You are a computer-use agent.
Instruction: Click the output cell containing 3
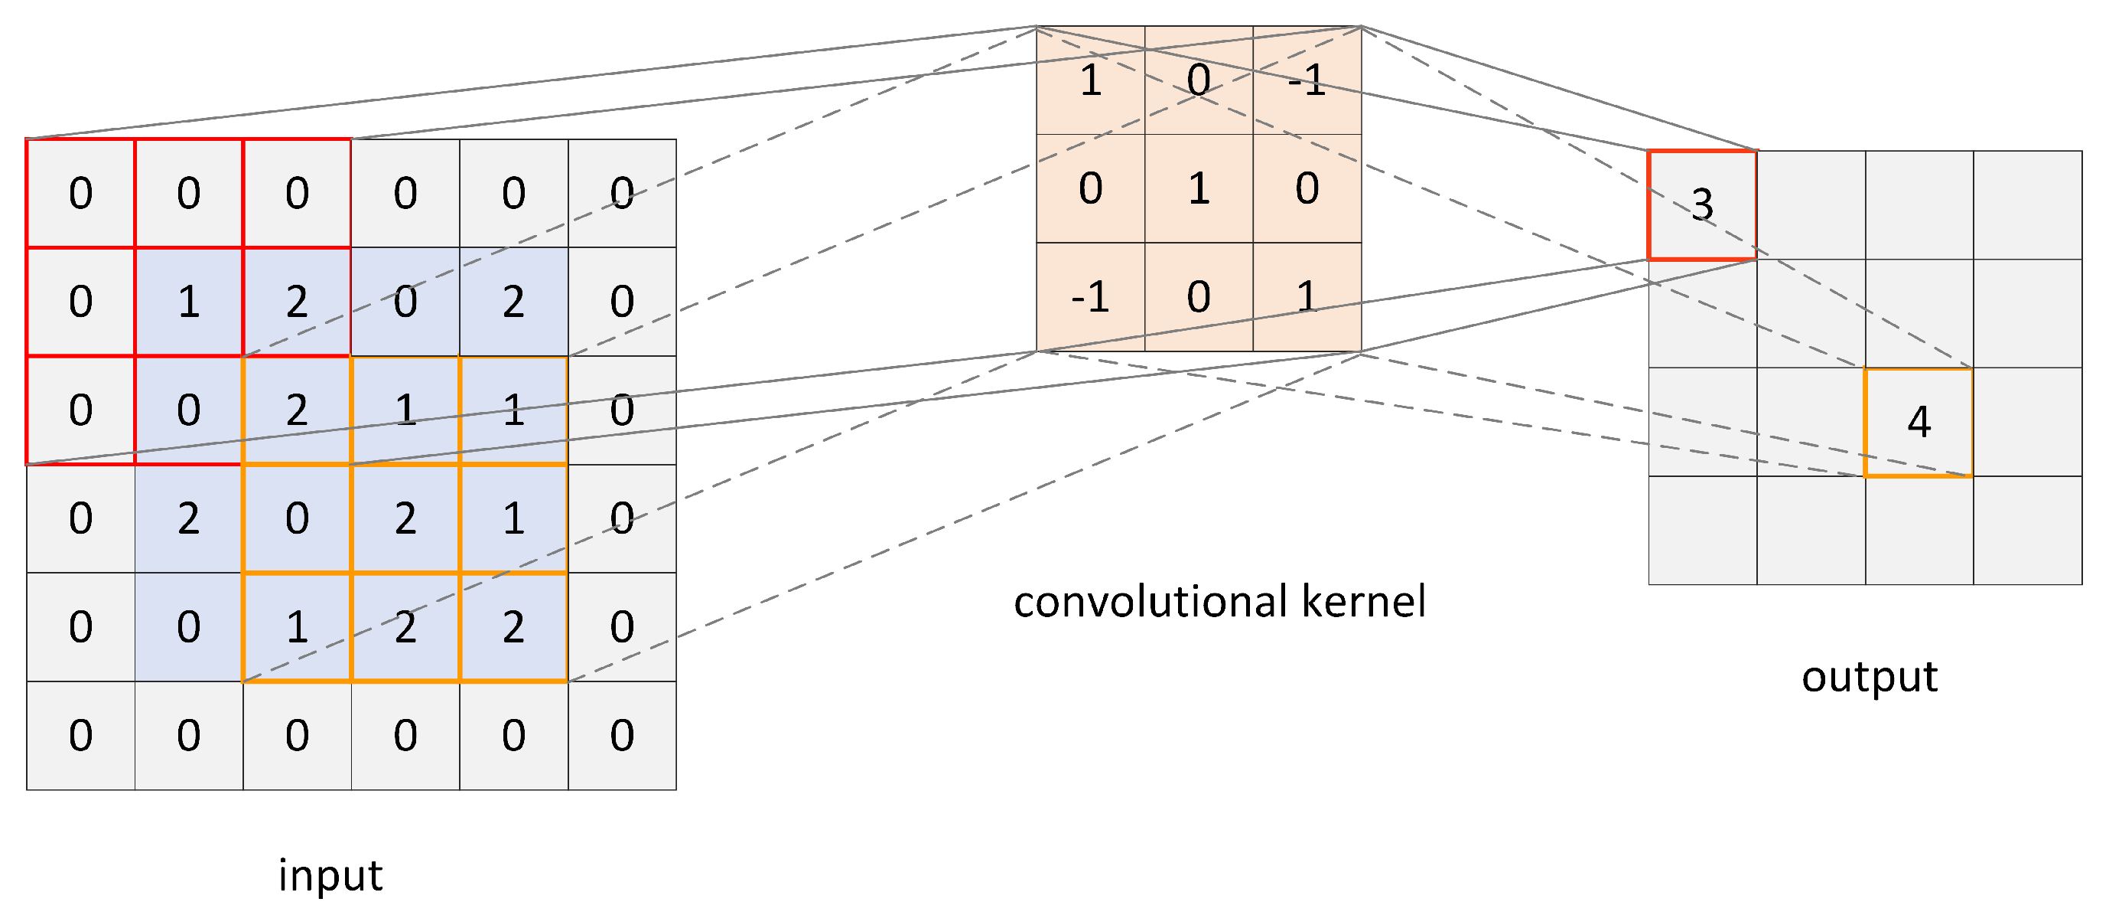(1701, 204)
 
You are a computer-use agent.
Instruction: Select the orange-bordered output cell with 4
(1919, 422)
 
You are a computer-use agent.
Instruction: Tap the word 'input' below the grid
(330, 875)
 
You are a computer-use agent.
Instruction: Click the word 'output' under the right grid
(1869, 677)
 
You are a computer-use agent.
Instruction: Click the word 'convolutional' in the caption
(1151, 601)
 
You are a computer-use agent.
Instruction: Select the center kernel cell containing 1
(1199, 188)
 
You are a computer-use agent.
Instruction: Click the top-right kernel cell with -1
(1307, 80)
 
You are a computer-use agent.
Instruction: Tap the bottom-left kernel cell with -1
(1090, 296)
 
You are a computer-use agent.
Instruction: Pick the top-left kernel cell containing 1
(1090, 80)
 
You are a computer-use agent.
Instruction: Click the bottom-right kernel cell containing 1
(1307, 296)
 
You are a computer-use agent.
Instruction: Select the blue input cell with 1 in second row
(188, 302)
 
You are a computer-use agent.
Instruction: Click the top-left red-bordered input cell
(80, 193)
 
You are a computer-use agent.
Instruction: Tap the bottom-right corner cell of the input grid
(622, 735)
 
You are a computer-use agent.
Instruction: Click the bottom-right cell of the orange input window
(513, 626)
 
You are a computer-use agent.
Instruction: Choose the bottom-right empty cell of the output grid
(2027, 530)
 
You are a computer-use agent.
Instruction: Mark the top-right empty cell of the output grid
(2027, 204)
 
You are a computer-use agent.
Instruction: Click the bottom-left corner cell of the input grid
(80, 735)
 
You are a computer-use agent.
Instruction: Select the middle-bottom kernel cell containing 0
(1199, 296)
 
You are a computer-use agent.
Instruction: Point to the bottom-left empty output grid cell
(1701, 530)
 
